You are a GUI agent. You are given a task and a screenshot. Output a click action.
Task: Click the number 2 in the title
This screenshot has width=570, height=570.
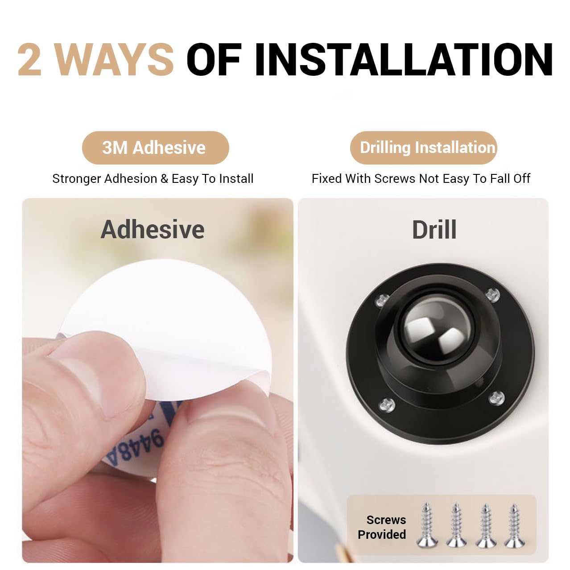[29, 59]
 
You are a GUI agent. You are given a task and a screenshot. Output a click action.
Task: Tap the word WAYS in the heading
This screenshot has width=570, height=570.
[115, 59]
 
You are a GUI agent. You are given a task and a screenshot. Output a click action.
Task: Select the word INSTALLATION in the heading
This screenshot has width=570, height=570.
[404, 59]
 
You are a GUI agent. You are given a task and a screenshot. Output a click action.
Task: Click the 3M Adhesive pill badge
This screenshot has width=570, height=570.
[156, 148]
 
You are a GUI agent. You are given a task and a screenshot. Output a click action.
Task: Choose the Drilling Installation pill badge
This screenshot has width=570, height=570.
[423, 148]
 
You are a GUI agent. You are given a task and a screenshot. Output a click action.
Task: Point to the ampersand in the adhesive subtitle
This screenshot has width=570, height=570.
[164, 179]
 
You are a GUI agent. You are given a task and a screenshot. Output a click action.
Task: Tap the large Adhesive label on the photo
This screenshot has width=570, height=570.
[153, 230]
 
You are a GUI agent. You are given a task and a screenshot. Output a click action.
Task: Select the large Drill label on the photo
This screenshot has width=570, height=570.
[434, 230]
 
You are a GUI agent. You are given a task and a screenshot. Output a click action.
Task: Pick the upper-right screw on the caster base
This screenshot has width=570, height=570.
[492, 295]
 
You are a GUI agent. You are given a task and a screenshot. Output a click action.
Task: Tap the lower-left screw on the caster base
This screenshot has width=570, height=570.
[387, 404]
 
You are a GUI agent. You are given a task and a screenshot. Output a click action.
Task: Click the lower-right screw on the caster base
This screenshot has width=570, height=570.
[497, 397]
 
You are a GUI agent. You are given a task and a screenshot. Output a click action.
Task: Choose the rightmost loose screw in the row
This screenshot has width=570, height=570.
[515, 525]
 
